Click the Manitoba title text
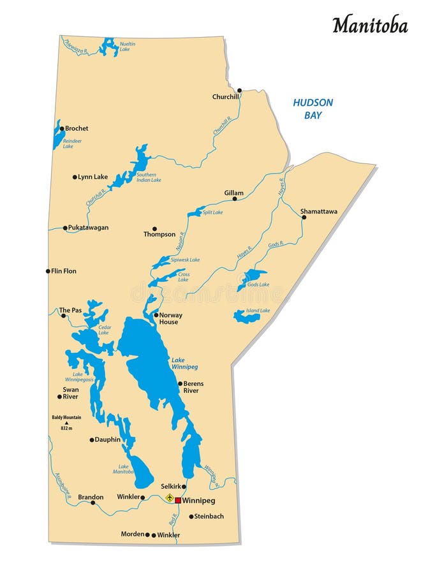(369, 24)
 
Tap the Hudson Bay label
(313, 108)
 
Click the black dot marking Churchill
(239, 91)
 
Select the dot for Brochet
(62, 128)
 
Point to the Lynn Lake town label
(92, 177)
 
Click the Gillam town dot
(235, 199)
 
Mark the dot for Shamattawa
(304, 217)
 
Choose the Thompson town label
(159, 234)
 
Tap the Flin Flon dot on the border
(48, 271)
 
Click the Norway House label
(170, 318)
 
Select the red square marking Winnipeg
(178, 501)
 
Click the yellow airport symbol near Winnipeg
(169, 497)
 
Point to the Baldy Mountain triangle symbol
(66, 423)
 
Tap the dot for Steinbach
(191, 517)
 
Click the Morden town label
(132, 534)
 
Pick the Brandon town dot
(93, 503)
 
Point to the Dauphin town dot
(92, 439)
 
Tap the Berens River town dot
(180, 383)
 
